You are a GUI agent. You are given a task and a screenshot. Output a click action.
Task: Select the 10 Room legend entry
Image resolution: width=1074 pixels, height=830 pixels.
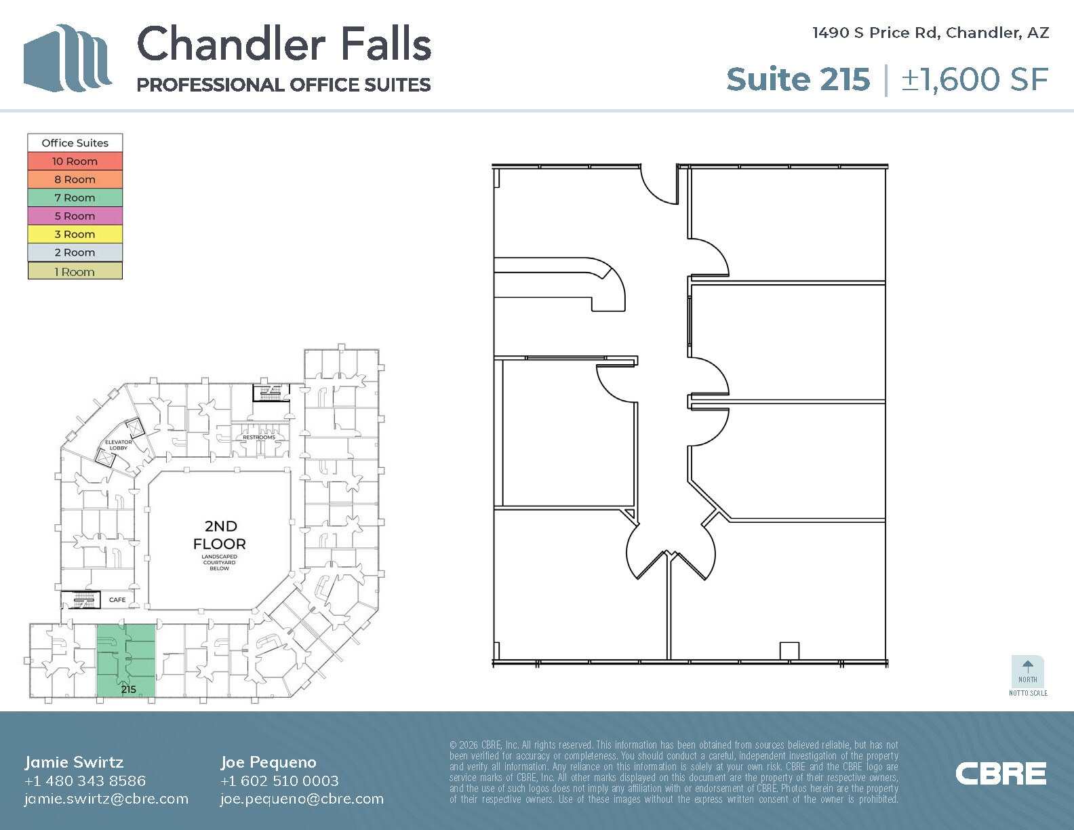75,161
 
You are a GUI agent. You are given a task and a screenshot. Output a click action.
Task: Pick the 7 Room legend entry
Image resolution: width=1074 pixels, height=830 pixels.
75,198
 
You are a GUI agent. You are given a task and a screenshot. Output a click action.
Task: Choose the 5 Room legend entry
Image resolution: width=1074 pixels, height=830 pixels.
75,216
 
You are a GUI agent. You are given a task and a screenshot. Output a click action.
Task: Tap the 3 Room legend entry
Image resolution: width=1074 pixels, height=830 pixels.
75,235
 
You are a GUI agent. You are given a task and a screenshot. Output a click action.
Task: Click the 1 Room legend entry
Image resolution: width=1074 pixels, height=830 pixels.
75,272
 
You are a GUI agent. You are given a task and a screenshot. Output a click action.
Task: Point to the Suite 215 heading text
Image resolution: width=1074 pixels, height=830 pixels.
797,79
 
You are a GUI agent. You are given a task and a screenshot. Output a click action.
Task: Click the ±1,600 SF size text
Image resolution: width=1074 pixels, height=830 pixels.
974,79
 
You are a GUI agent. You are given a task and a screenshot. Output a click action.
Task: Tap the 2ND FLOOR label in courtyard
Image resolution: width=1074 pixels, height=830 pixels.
220,535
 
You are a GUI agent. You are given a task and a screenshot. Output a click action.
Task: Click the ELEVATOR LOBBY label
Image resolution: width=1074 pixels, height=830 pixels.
118,445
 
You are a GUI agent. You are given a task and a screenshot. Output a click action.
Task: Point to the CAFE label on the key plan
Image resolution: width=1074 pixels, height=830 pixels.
117,599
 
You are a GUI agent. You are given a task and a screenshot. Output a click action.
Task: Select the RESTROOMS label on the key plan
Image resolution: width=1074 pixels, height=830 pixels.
259,437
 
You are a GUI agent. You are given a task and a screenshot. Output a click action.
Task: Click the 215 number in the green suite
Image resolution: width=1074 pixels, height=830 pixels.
128,689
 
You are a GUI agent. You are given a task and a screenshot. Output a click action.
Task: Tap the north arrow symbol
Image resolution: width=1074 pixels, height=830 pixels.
1028,667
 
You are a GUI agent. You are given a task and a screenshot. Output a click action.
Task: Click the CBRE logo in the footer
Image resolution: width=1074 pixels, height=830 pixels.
1000,774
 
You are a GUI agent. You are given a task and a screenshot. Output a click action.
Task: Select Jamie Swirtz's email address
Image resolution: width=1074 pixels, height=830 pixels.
106,799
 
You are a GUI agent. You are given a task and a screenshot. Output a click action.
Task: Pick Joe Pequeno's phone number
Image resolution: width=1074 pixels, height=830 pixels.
279,780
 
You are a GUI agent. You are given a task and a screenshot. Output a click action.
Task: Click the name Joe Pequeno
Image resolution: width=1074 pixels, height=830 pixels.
268,762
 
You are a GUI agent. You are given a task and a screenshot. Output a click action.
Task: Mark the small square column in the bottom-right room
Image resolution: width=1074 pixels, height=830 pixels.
789,650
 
